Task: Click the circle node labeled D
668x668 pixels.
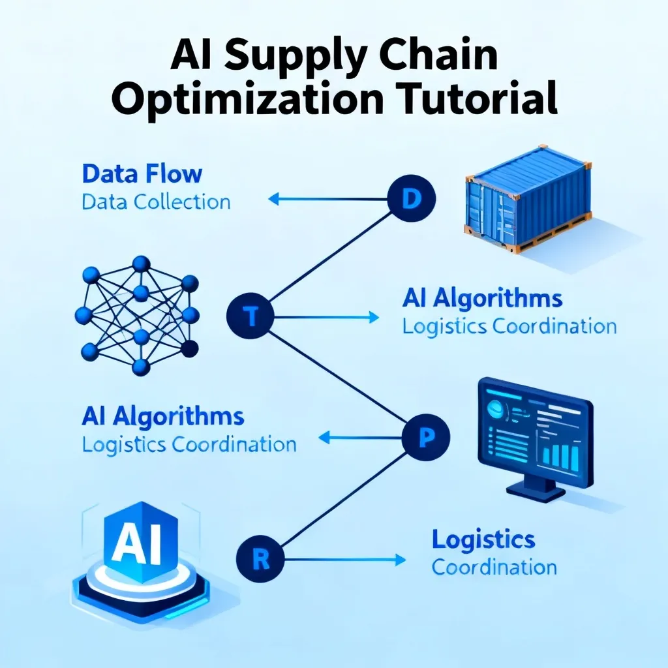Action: pyautogui.click(x=412, y=198)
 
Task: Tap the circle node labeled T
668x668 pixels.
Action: pyautogui.click(x=250, y=316)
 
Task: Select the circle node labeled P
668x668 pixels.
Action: pyautogui.click(x=426, y=438)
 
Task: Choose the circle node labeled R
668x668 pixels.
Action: pyautogui.click(x=260, y=559)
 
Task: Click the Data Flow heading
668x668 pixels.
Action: pyautogui.click(x=142, y=174)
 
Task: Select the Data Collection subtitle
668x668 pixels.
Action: pyautogui.click(x=156, y=202)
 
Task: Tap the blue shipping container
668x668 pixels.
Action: pyautogui.click(x=528, y=198)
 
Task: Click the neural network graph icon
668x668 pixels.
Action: pyautogui.click(x=137, y=316)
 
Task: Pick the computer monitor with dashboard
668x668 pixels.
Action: pyautogui.click(x=536, y=439)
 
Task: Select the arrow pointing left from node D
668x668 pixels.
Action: pyautogui.click(x=327, y=198)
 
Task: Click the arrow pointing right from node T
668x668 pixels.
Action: pyautogui.click(x=327, y=317)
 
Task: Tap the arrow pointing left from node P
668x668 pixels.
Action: pyautogui.click(x=360, y=438)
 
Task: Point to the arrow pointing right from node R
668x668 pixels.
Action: pyautogui.click(x=345, y=559)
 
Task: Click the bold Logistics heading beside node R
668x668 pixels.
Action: pyautogui.click(x=483, y=540)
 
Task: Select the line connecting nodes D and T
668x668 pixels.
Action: pyautogui.click(x=331, y=257)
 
